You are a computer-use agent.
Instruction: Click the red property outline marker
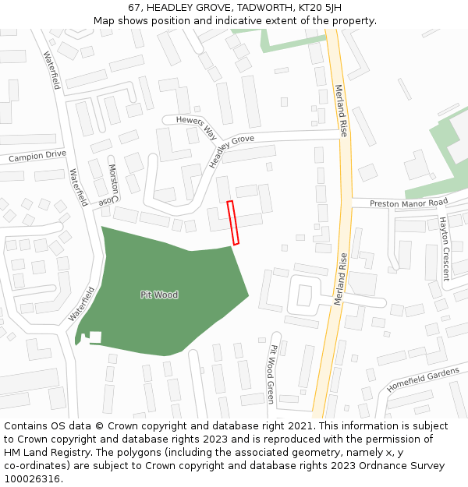tap(232, 223)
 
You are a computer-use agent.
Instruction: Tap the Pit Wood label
tap(159, 295)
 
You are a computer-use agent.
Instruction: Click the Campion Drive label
tap(37, 156)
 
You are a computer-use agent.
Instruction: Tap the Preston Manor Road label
tap(408, 203)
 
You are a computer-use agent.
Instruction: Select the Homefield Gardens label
tap(424, 380)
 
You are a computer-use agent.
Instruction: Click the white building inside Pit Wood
tap(94, 337)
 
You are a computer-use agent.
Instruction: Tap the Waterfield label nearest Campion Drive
tap(78, 187)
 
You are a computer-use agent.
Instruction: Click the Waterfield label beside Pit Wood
tap(81, 305)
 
